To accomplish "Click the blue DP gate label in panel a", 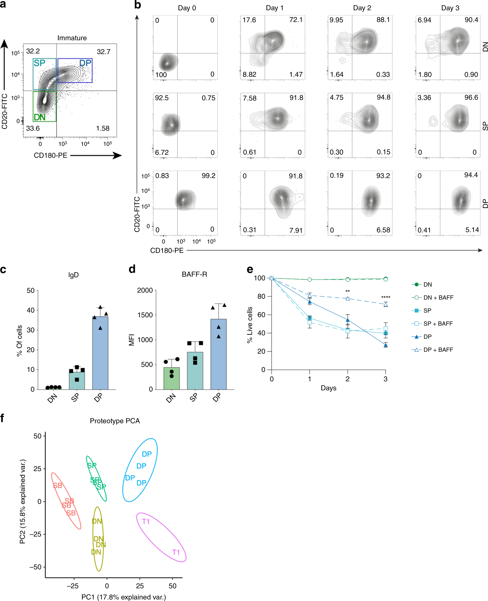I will pyautogui.click(x=85, y=63).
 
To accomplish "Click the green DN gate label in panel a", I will pyautogui.click(x=39, y=117).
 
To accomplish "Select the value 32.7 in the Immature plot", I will pyautogui.click(x=104, y=52).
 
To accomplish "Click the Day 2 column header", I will pyautogui.click(x=362, y=8).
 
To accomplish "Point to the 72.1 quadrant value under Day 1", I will pyautogui.click(x=296, y=20).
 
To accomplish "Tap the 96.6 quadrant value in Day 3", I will pyautogui.click(x=471, y=98).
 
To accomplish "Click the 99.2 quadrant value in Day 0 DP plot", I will pyautogui.click(x=208, y=176).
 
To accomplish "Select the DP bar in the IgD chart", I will pyautogui.click(x=100, y=353).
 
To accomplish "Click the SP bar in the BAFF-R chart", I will pyautogui.click(x=195, y=371).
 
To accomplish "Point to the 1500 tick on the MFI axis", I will pyautogui.click(x=145, y=315).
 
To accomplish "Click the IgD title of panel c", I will pyautogui.click(x=73, y=275).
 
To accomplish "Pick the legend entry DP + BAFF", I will pyautogui.click(x=438, y=350).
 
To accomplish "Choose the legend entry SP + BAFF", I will pyautogui.click(x=438, y=323).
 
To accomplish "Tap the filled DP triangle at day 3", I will pyautogui.click(x=385, y=345).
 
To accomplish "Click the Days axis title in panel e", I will pyautogui.click(x=328, y=388).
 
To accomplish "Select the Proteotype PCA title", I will pyautogui.click(x=115, y=421).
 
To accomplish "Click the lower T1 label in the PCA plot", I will pyautogui.click(x=176, y=552).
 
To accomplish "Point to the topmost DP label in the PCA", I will pyautogui.click(x=147, y=454).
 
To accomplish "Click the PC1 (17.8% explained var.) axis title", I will pyautogui.click(x=124, y=597).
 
